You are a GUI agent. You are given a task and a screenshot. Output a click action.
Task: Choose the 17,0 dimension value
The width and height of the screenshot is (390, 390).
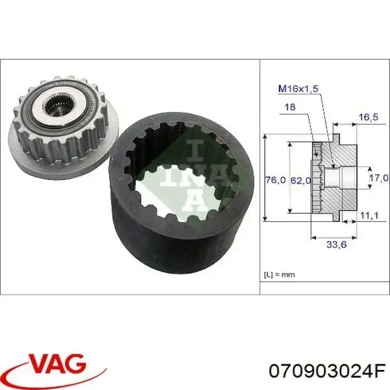(x=379, y=178)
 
